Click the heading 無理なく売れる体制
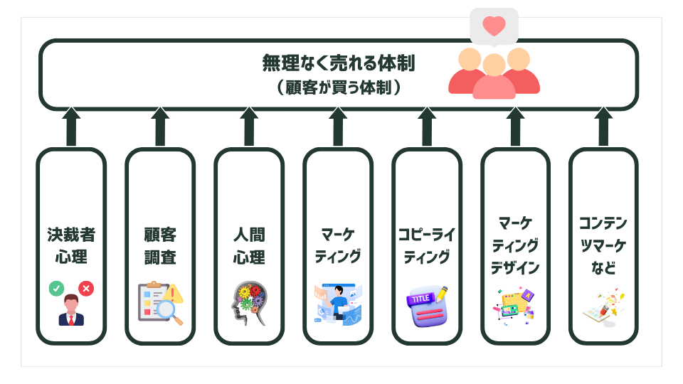(x=338, y=63)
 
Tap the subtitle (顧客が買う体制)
(x=338, y=87)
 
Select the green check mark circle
(x=55, y=288)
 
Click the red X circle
(x=87, y=288)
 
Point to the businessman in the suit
(x=71, y=311)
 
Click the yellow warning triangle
(x=173, y=292)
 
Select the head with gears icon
(x=248, y=305)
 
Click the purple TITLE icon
(x=427, y=306)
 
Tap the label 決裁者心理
(x=71, y=245)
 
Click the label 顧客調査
(x=160, y=245)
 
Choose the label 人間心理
(x=249, y=245)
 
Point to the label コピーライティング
(x=427, y=245)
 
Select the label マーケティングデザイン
(x=515, y=245)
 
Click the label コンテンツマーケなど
(x=603, y=245)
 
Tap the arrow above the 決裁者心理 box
(x=71, y=127)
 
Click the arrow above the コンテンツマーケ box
(x=603, y=127)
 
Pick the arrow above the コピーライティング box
(x=427, y=127)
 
